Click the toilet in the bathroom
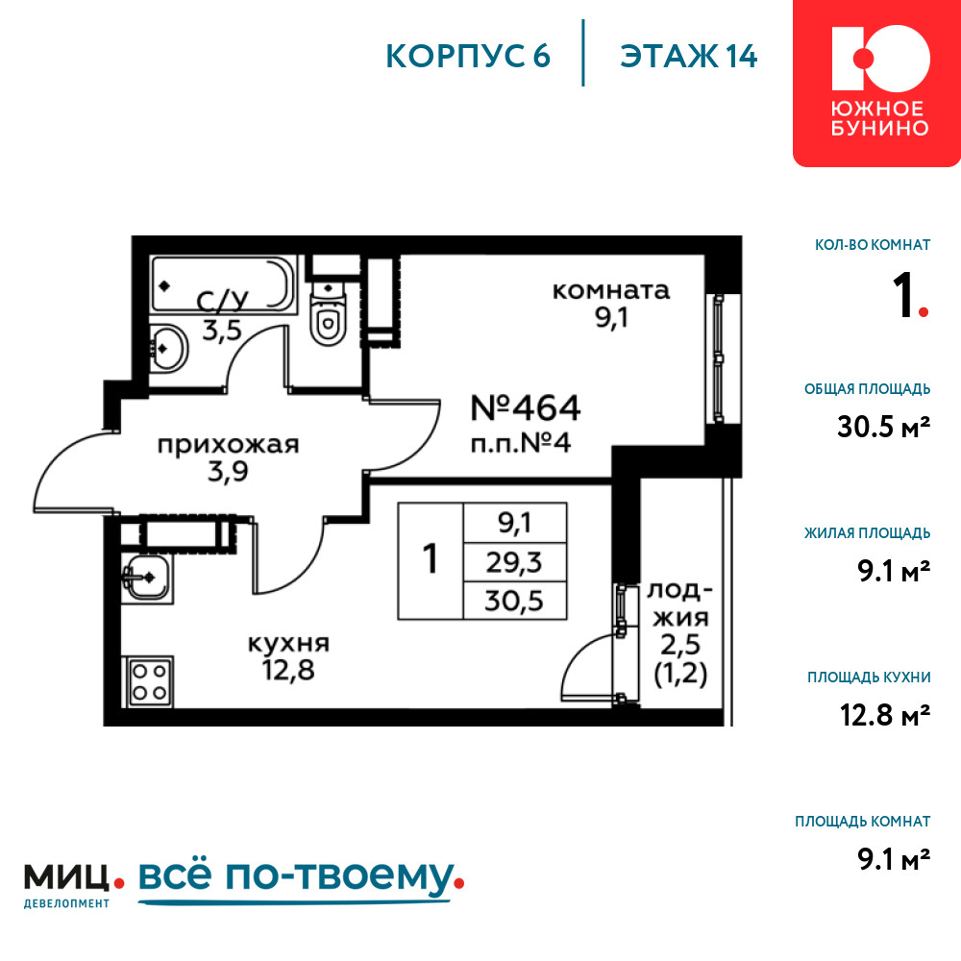point(328,312)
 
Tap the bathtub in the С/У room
point(223,284)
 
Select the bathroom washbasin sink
point(167,348)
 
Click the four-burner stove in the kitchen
point(149,682)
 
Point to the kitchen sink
point(146,578)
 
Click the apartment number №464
point(526,407)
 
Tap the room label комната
point(611,290)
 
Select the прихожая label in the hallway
point(228,444)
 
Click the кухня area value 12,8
point(288,669)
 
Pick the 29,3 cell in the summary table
point(514,562)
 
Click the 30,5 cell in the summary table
point(514,601)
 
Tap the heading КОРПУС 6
point(468,57)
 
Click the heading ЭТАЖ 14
point(689,57)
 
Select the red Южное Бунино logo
point(877,83)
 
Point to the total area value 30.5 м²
point(883,427)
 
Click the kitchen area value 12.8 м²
point(885,715)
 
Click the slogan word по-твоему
point(339,877)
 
